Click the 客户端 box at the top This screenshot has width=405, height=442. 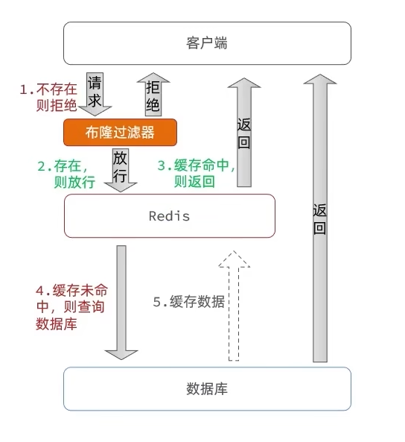pos(207,43)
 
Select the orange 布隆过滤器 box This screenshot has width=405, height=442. pos(120,133)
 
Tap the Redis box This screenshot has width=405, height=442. pos(170,216)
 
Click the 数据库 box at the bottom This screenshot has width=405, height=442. pos(207,388)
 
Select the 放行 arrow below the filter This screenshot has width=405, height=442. pos(120,169)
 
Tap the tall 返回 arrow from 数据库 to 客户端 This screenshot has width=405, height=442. pos(319,216)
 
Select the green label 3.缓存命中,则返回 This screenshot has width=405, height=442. pos(195,174)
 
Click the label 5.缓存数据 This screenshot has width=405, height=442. pos(188,302)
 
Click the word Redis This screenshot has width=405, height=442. pos(170,217)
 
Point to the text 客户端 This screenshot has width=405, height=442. pos(207,43)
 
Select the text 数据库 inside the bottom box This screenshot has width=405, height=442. pos(207,388)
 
